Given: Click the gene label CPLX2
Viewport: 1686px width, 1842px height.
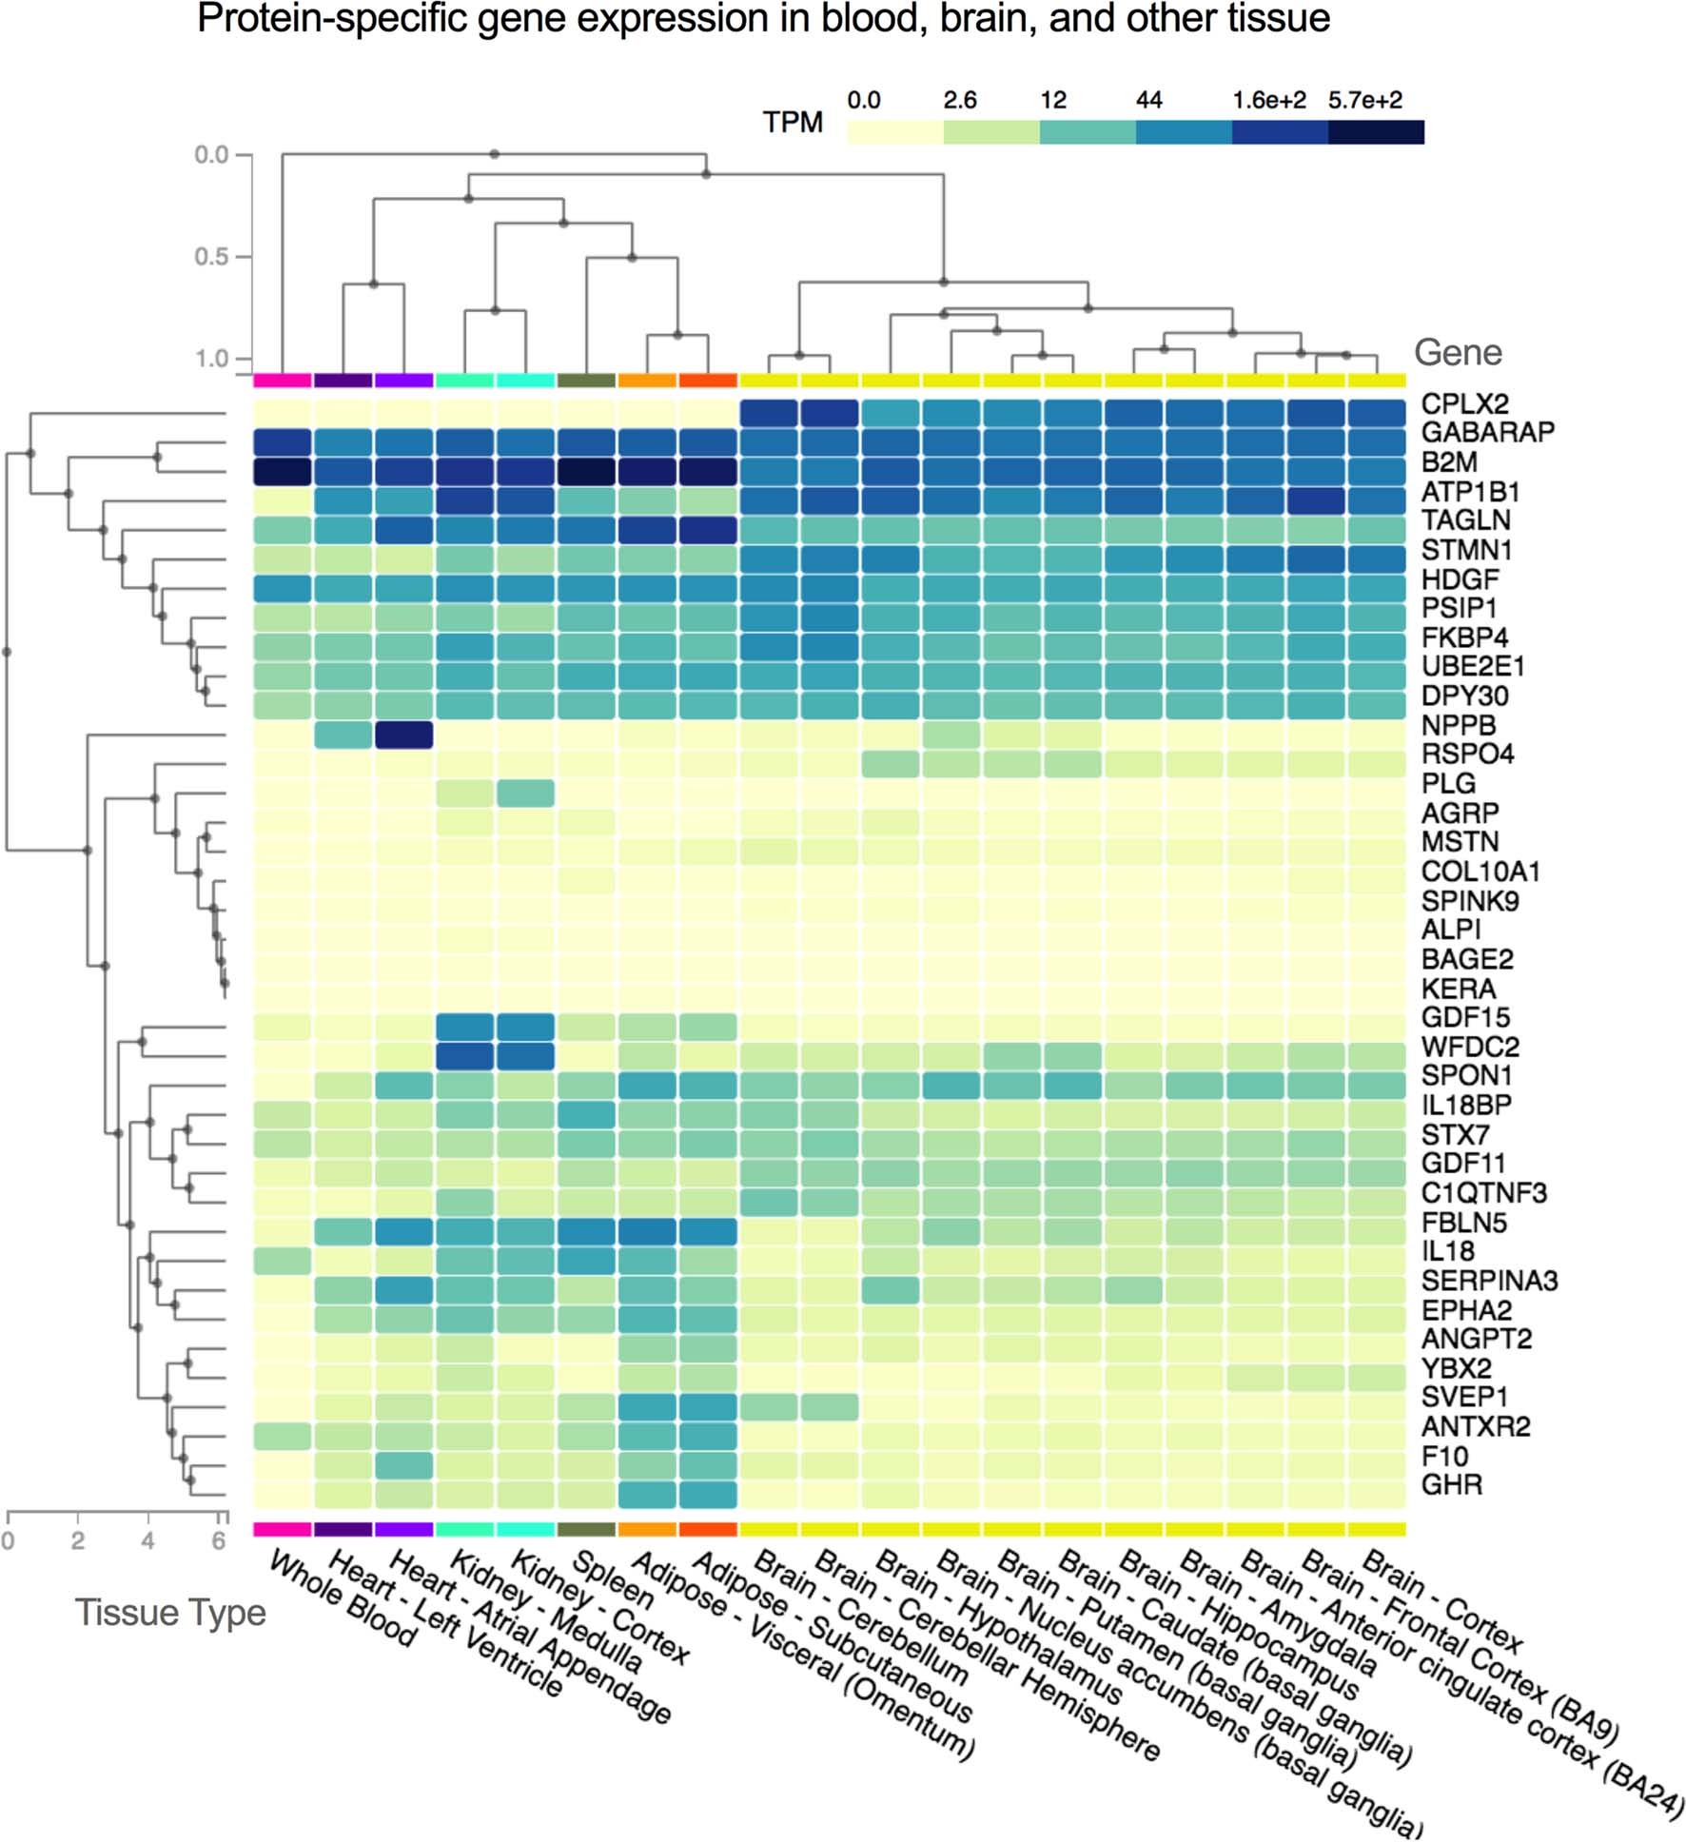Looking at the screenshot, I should (x=1464, y=403).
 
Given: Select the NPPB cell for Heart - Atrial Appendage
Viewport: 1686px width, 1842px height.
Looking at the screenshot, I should (x=403, y=735).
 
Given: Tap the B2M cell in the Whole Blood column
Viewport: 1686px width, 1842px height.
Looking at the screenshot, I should (x=283, y=472).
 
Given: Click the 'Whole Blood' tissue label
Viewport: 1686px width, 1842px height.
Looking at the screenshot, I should (x=343, y=1597).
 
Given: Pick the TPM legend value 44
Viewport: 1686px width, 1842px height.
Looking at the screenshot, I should (x=1148, y=101).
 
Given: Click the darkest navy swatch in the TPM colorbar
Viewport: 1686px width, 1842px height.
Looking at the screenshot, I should (x=1376, y=132).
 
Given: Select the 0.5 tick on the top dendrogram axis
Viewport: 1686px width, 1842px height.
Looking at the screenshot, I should (x=211, y=257).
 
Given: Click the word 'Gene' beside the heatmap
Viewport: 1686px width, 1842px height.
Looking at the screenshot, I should (x=1457, y=353).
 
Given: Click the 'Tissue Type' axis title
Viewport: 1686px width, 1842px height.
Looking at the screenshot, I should (x=170, y=1613).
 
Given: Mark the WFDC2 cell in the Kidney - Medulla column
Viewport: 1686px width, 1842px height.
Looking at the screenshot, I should (x=464, y=1056).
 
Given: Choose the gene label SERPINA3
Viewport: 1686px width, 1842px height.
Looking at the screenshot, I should (x=1489, y=1281).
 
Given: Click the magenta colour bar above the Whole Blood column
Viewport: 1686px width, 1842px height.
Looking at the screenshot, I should (x=283, y=381).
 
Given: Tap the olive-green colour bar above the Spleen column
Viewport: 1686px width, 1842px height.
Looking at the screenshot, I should (x=586, y=381).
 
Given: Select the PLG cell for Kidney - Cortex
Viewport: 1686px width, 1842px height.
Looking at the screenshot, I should (x=525, y=793).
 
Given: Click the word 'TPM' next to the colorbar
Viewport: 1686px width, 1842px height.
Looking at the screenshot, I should (x=792, y=123).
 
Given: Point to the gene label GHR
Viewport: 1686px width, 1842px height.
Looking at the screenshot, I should (x=1451, y=1484).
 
